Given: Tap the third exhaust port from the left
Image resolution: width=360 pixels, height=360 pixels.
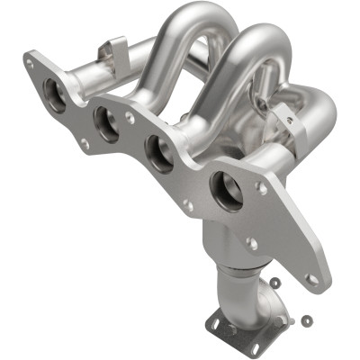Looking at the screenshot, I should point(160,154).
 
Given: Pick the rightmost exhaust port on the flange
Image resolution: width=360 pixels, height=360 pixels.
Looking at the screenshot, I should point(226,191).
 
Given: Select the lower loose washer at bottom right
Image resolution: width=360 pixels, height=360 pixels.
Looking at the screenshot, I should point(307,319).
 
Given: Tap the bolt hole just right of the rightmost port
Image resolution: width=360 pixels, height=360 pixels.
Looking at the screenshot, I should point(261,188).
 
